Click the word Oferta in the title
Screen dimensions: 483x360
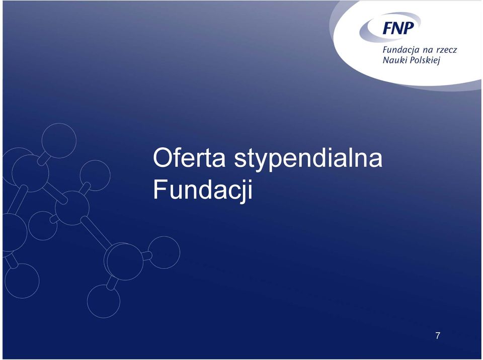[189, 158]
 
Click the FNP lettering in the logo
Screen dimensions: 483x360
[398, 28]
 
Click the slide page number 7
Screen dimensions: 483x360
[438, 336]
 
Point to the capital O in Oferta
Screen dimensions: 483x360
[163, 158]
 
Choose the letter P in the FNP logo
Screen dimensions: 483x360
[409, 28]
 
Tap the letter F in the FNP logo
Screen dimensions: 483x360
[387, 28]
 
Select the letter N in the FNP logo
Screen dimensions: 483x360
[397, 28]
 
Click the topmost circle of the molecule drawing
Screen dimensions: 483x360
[59, 140]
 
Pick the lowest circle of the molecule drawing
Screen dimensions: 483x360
[104, 301]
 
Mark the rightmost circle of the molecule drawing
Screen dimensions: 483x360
[164, 252]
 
